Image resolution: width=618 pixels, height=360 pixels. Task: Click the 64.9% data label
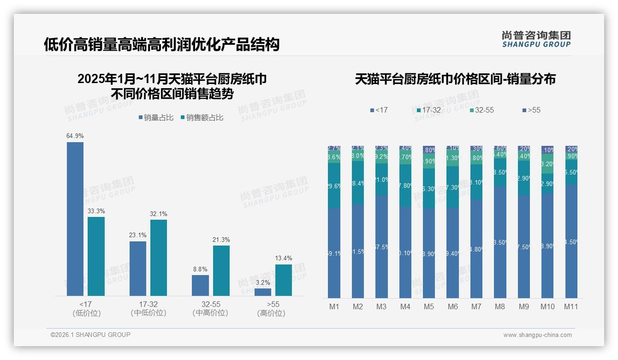tap(75, 136)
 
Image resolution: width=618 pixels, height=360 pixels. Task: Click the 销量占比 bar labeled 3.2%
tap(263, 292)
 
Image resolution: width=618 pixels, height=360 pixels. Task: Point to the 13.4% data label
tap(284, 258)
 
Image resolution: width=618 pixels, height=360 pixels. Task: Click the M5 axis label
tap(429, 306)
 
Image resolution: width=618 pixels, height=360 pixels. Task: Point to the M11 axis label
tap(571, 306)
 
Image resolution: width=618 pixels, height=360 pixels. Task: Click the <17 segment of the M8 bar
tap(500, 242)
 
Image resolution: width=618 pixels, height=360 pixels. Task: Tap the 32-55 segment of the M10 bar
tap(547, 164)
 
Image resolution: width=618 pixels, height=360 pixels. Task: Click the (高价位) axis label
tap(271, 313)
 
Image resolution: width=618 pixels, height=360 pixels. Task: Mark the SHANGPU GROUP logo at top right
tap(536, 39)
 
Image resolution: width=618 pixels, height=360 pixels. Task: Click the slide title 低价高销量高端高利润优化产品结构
tap(161, 45)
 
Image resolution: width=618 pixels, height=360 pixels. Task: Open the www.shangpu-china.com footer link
tap(537, 335)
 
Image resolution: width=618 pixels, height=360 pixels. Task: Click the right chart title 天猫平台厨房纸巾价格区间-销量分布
tap(455, 79)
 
